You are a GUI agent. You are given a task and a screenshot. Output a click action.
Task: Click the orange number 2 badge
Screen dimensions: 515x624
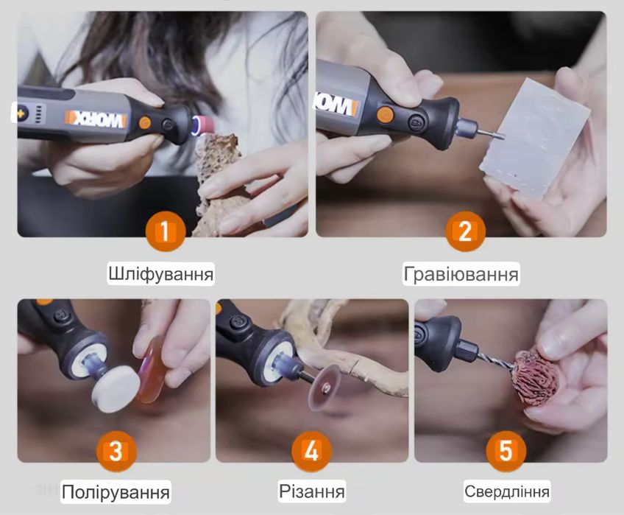coord(464,231)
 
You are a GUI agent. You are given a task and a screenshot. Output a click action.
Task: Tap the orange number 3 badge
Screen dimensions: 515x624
coord(116,450)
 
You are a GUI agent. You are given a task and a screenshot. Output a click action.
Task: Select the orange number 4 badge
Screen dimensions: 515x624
coord(311,450)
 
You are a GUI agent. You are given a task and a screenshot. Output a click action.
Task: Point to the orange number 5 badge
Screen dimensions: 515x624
coord(506,450)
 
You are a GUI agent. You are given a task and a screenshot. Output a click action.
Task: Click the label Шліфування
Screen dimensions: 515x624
coord(160,275)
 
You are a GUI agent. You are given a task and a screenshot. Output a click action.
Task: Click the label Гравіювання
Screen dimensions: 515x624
coord(461,275)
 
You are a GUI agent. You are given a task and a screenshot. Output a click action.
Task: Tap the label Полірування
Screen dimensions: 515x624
coord(116,491)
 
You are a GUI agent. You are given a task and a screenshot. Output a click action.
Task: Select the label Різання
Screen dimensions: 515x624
coord(312,491)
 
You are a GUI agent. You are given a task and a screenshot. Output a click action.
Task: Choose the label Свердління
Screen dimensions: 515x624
coord(507,491)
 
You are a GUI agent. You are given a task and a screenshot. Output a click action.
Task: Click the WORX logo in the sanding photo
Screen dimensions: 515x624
coord(96,119)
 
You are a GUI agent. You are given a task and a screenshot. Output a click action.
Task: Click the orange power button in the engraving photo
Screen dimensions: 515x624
coord(384,113)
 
